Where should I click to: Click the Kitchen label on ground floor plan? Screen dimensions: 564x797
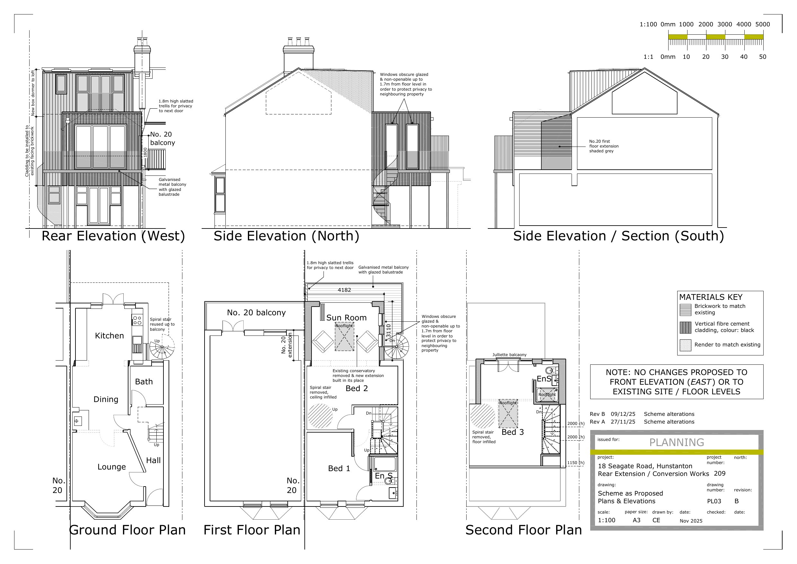click(x=109, y=336)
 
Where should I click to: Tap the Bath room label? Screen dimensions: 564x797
click(x=144, y=381)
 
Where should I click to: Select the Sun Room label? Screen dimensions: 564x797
click(x=346, y=318)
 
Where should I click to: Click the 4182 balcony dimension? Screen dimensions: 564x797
click(x=344, y=290)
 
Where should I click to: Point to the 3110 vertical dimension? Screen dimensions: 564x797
click(x=389, y=330)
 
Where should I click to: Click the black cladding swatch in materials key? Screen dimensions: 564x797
click(x=685, y=327)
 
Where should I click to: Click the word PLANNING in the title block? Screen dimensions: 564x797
click(x=677, y=443)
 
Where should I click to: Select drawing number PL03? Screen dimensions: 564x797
click(x=714, y=501)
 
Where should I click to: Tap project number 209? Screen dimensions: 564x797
click(x=720, y=473)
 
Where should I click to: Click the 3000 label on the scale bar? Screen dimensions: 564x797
click(x=724, y=24)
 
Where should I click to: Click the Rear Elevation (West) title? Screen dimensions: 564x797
click(x=113, y=236)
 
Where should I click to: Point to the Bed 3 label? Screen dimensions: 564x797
click(x=512, y=432)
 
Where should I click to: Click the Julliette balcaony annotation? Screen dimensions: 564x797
click(x=509, y=355)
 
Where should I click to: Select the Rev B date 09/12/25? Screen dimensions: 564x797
click(x=623, y=414)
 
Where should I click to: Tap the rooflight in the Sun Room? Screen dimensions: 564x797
click(x=344, y=337)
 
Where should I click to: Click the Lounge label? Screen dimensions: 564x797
click(x=111, y=467)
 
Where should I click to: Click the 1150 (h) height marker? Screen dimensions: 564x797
click(x=575, y=462)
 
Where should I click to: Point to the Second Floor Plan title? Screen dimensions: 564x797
click(x=523, y=530)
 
